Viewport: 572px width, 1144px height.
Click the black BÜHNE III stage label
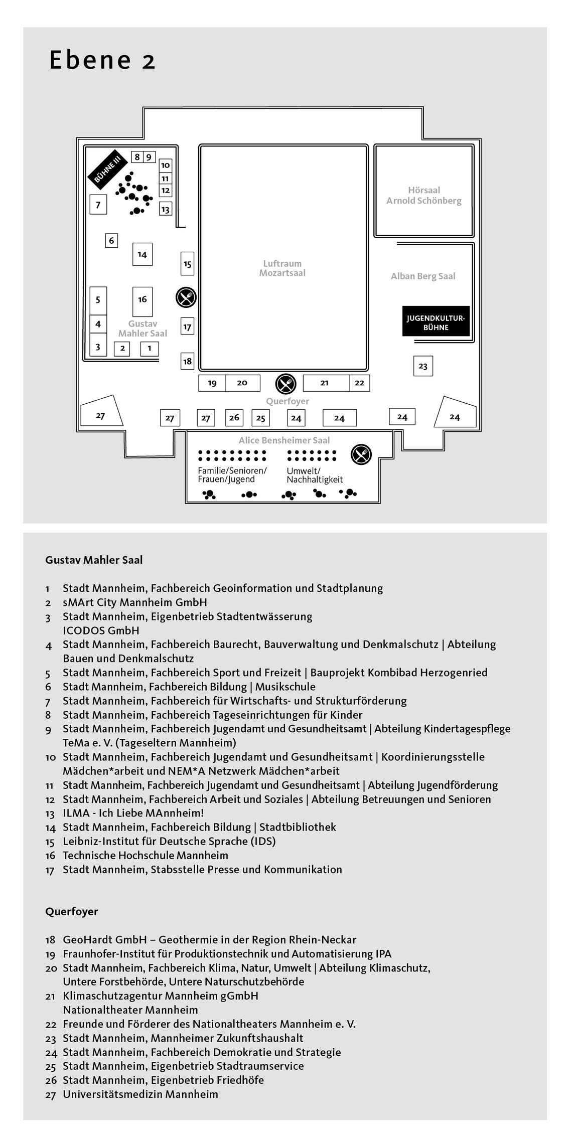(x=106, y=167)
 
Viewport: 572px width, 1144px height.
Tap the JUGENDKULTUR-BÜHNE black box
(x=436, y=321)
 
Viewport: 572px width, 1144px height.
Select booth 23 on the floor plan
(x=423, y=366)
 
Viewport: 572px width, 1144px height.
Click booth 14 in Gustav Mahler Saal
(x=142, y=254)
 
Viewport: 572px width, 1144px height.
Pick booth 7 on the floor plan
(x=98, y=205)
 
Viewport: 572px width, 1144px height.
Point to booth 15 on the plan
(x=187, y=263)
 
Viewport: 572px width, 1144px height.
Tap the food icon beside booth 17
(x=186, y=298)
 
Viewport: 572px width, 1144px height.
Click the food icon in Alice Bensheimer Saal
(x=361, y=454)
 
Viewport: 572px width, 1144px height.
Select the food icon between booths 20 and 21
(x=286, y=384)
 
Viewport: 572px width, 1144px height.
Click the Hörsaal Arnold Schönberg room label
(x=423, y=196)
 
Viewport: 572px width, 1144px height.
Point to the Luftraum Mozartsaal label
(x=282, y=268)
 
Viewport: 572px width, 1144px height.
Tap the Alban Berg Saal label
(x=423, y=276)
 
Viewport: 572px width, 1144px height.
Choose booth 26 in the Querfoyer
(x=234, y=417)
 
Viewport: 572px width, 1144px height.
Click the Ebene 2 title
(x=103, y=60)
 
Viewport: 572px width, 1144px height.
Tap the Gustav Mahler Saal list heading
(x=94, y=560)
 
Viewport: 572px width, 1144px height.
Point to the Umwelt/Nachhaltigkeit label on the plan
(x=315, y=475)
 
